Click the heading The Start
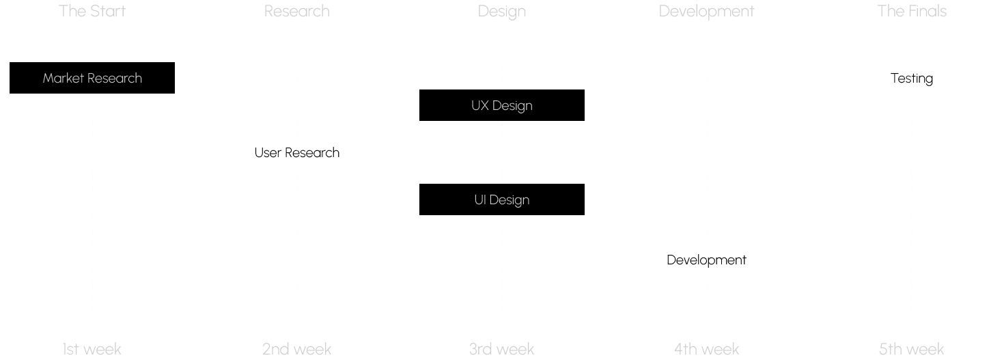click(x=92, y=11)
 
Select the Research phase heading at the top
click(x=297, y=11)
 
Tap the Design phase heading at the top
click(x=502, y=11)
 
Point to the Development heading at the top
click(x=707, y=11)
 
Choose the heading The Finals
click(x=912, y=11)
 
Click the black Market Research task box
click(x=92, y=78)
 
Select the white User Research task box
click(x=297, y=152)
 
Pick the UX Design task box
click(x=502, y=105)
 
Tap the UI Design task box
click(x=502, y=199)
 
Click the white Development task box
click(x=707, y=260)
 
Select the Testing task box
click(x=912, y=78)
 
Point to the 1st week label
click(x=92, y=349)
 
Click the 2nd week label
click(x=297, y=349)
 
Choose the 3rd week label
click(x=502, y=349)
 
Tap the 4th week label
click(x=707, y=349)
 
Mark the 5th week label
click(x=912, y=349)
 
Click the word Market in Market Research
click(x=63, y=78)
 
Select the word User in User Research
click(x=268, y=152)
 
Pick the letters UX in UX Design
click(x=480, y=105)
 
